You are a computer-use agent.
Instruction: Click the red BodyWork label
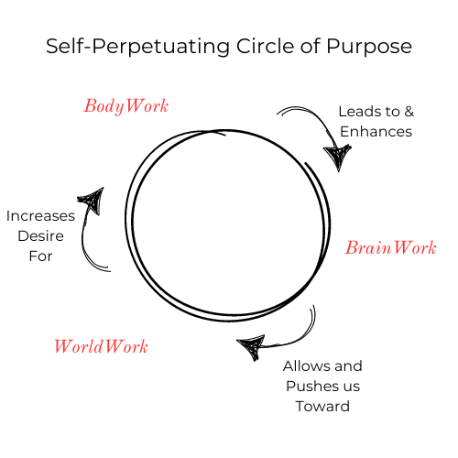click(x=126, y=106)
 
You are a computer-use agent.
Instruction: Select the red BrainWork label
click(x=391, y=247)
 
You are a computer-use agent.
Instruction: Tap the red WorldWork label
click(x=101, y=346)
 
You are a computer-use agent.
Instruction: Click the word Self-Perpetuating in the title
click(x=137, y=47)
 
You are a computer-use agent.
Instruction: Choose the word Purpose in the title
click(x=369, y=47)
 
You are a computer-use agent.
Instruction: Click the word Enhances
click(x=376, y=132)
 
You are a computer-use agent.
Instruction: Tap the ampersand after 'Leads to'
click(x=409, y=112)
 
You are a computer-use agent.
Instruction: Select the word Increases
click(x=40, y=216)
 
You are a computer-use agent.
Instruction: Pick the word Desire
click(x=40, y=236)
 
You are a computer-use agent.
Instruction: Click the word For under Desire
click(x=40, y=256)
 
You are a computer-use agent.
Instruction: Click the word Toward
click(x=322, y=406)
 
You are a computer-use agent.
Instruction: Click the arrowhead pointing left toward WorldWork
click(x=251, y=346)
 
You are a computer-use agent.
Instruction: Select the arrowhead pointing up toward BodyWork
click(x=93, y=200)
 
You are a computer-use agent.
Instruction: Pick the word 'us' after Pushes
click(x=352, y=387)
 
